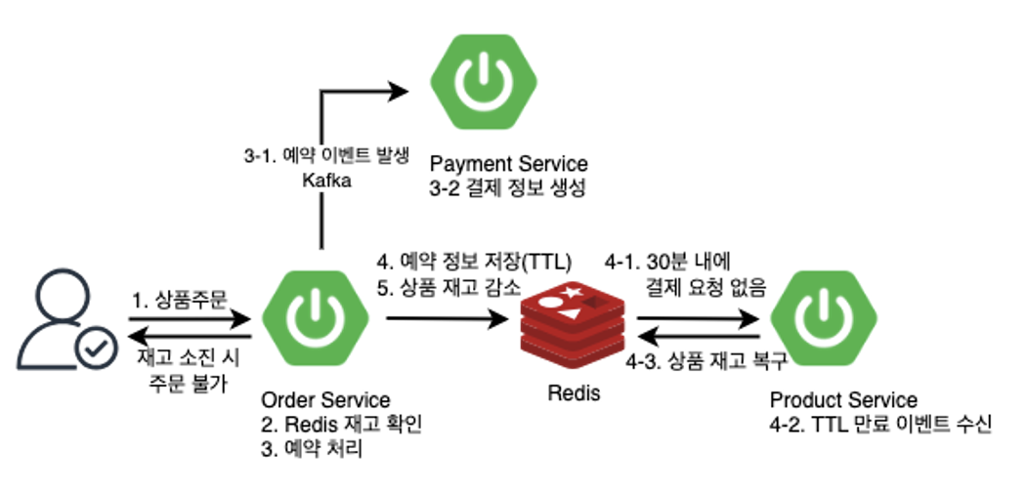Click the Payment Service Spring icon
tap(480, 83)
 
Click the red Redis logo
tap(571, 322)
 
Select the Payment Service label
tap(508, 162)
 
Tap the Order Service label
tap(325, 400)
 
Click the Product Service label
tap(843, 400)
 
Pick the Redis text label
tap(572, 393)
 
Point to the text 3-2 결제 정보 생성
tap(508, 187)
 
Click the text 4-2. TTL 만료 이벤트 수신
tap(880, 425)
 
